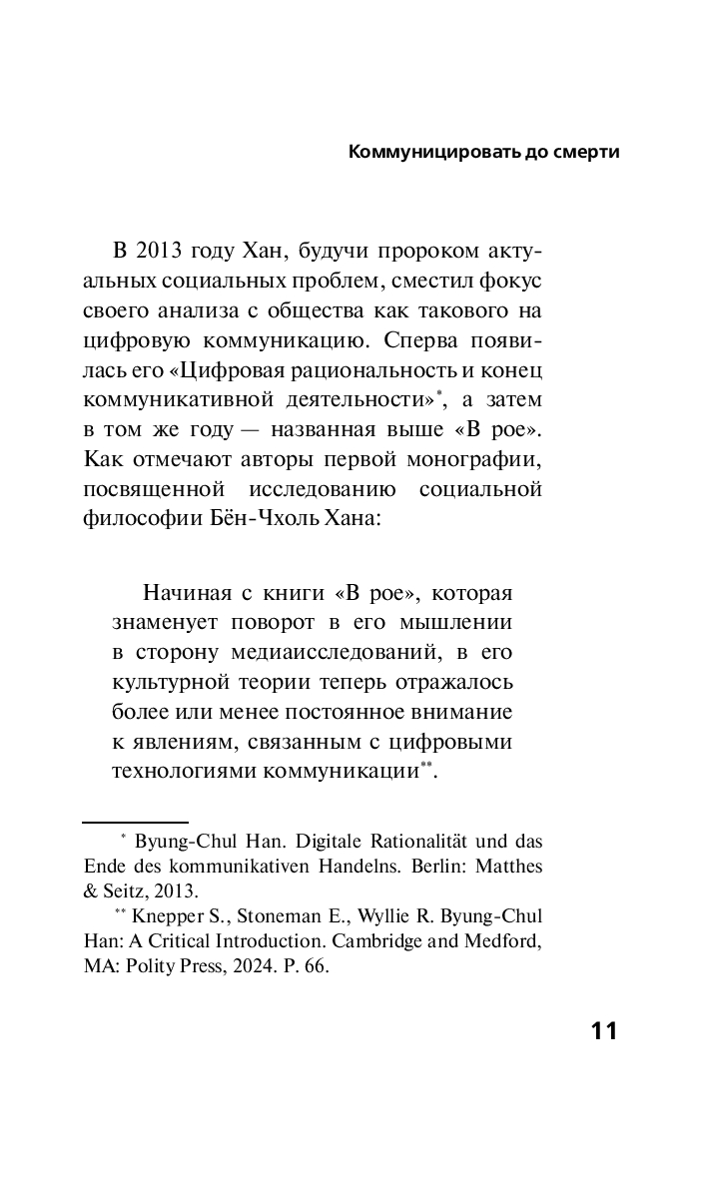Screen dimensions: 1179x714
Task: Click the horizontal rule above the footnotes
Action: click(135, 821)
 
